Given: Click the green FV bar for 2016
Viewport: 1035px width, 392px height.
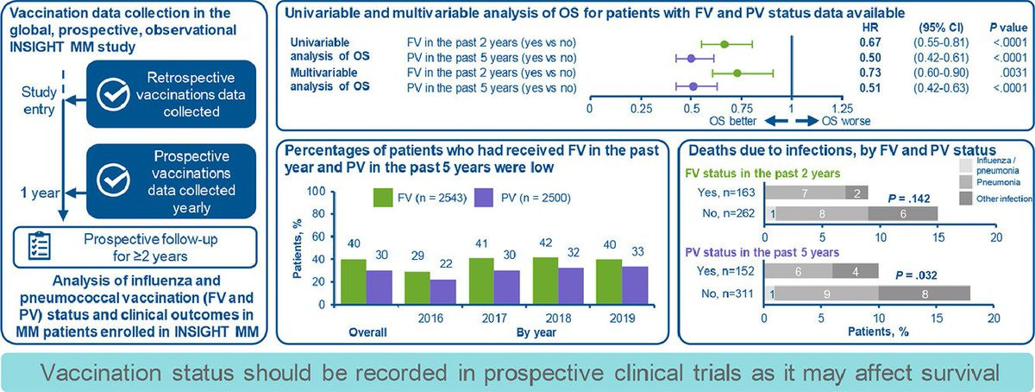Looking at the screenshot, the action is point(417,288).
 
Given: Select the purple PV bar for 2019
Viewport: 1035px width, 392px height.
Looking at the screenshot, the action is point(636,286).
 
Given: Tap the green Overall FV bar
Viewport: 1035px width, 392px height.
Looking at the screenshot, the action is point(354,281).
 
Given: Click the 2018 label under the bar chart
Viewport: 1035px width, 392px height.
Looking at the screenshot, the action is point(558,319).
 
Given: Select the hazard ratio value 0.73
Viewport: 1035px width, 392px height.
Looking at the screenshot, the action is point(870,73).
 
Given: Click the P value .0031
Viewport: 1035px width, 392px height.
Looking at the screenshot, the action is point(1014,73).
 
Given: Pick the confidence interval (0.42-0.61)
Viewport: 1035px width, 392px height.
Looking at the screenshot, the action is point(941,58).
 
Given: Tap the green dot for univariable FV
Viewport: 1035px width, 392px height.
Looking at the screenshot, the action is point(724,44).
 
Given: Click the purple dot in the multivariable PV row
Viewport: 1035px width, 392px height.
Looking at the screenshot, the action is point(693,86).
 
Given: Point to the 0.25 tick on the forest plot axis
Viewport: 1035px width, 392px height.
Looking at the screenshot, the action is point(642,109).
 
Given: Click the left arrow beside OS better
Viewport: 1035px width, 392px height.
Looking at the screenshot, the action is point(775,121).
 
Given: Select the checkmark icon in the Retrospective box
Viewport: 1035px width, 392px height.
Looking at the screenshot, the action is point(113,94).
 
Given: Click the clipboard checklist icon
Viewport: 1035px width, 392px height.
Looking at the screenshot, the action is point(40,246).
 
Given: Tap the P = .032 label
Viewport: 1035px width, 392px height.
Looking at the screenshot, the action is point(916,275).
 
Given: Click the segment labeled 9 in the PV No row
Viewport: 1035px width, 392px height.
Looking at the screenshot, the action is point(826,294).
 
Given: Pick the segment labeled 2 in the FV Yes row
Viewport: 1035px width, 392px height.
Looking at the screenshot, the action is point(856,193).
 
